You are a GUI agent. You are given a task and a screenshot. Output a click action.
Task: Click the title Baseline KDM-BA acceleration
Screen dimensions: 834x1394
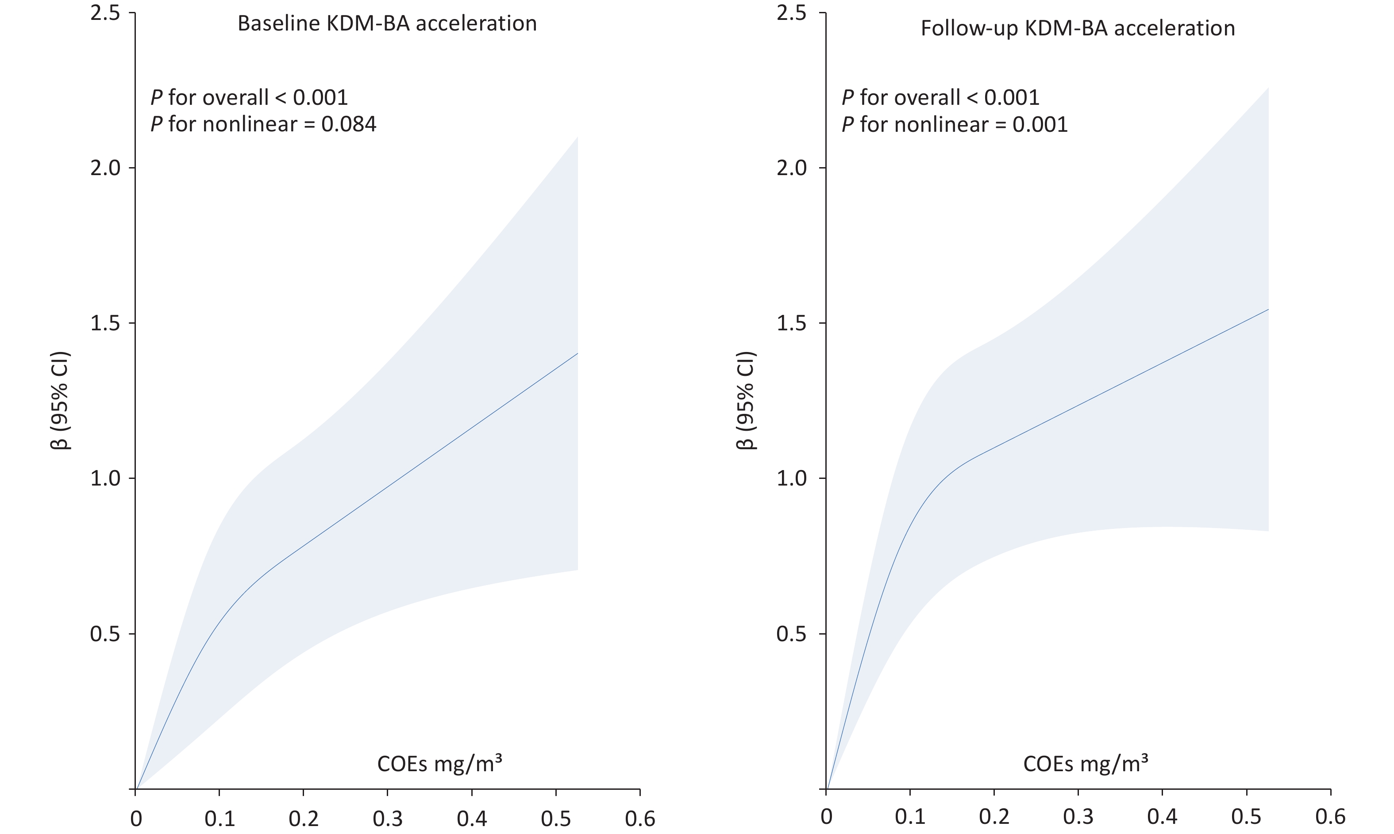[387, 23]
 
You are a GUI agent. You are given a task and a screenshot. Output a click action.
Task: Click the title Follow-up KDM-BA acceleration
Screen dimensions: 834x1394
[1078, 28]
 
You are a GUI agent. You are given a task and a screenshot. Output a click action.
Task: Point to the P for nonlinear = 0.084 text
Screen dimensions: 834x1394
[263, 124]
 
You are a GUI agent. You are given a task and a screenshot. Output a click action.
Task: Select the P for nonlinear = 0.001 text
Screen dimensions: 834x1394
[954, 124]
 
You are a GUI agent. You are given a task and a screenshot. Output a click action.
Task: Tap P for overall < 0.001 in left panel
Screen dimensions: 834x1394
[249, 98]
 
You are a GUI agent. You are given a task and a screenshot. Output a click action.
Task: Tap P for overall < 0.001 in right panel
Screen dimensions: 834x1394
[940, 98]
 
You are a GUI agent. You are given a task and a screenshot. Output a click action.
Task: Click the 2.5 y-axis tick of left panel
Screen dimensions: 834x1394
[105, 13]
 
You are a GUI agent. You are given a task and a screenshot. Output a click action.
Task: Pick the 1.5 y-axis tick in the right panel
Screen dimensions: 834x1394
[791, 323]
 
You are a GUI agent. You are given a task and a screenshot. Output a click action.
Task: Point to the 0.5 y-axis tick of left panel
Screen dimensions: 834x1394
[105, 634]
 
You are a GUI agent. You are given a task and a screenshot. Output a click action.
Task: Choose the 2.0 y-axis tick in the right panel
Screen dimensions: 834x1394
[791, 168]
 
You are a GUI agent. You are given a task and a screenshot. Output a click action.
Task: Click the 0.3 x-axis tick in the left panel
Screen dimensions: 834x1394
[387, 818]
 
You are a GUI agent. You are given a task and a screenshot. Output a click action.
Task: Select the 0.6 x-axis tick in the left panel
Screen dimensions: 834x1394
[640, 818]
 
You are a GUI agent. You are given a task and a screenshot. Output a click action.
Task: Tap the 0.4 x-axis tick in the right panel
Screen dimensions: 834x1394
[1162, 816]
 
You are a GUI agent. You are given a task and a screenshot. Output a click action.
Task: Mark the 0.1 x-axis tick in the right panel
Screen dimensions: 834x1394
[910, 816]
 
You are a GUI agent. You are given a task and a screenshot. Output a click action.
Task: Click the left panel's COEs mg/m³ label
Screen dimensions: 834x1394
[439, 764]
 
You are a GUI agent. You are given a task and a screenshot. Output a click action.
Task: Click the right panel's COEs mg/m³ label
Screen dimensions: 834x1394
[1085, 764]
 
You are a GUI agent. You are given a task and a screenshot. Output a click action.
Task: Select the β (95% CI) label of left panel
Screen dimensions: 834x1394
[61, 401]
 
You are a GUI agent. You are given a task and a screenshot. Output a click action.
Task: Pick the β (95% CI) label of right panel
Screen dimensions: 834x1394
[746, 401]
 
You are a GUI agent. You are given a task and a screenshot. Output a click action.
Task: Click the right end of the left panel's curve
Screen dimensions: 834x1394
[578, 353]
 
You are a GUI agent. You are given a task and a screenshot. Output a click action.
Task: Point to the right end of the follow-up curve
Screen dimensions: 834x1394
[1268, 310]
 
